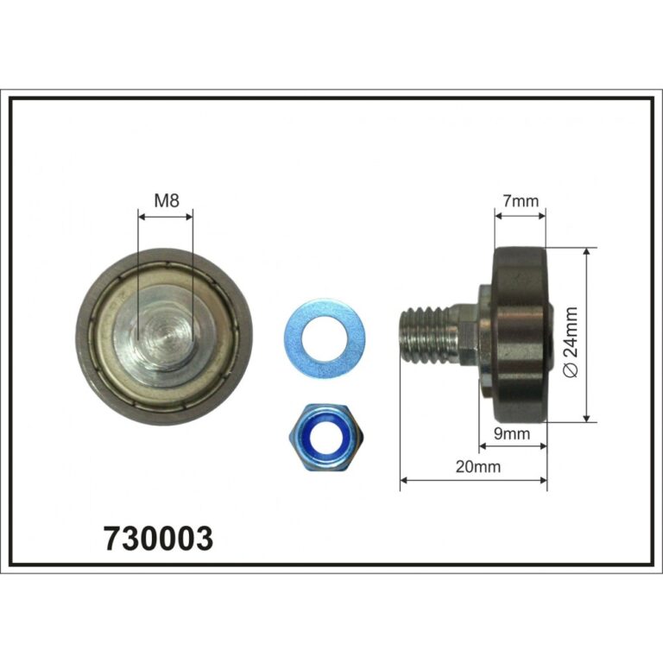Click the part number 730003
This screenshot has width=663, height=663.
(158, 539)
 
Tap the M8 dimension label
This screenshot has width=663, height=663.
(167, 200)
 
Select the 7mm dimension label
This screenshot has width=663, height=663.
(521, 201)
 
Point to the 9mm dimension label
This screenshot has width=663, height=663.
(512, 433)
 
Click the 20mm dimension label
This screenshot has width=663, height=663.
(477, 467)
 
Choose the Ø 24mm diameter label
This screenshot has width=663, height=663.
(571, 343)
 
